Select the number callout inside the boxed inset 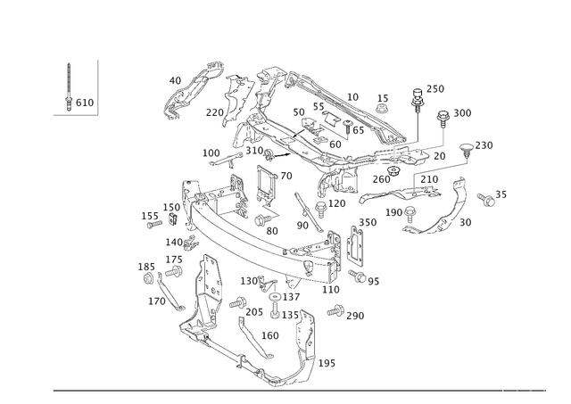pyautogui.click(x=80, y=106)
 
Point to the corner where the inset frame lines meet pyautogui.click(x=97, y=114)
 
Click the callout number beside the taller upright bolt pyautogui.click(x=437, y=87)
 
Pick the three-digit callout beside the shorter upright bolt pyautogui.click(x=462, y=112)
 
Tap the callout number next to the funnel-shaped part pyautogui.click(x=485, y=144)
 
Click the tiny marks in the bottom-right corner pyautogui.click(x=531, y=390)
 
